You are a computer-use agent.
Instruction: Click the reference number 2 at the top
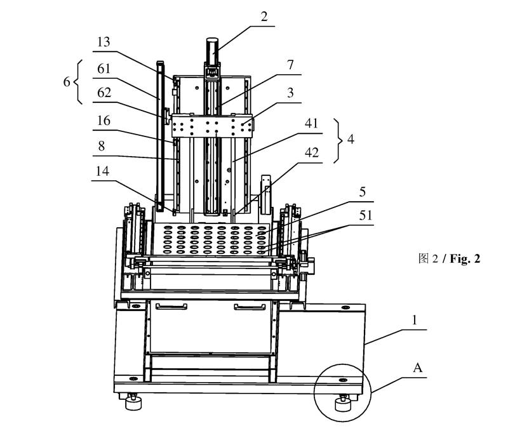pyautogui.click(x=264, y=17)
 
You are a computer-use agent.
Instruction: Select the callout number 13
pyautogui.click(x=104, y=42)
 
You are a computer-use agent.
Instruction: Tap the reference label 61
pyautogui.click(x=104, y=69)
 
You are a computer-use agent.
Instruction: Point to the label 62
pyautogui.click(x=104, y=93)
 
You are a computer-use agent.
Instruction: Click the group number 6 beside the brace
pyautogui.click(x=67, y=82)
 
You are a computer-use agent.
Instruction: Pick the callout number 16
pyautogui.click(x=104, y=121)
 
